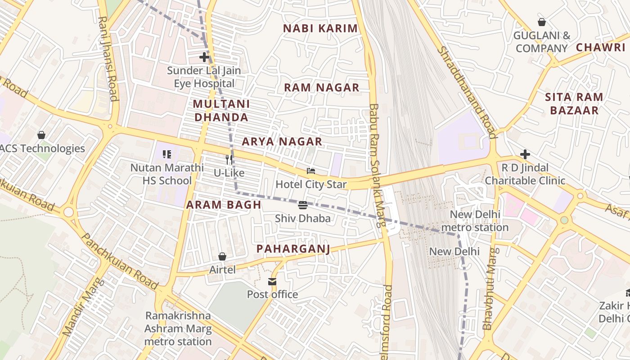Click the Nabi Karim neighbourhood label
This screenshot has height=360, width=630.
(320, 28)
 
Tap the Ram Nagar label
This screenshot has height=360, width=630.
(321, 88)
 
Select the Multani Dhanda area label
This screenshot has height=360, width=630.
(220, 111)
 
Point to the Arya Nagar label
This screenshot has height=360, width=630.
(282, 142)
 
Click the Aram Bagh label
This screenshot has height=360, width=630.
(224, 205)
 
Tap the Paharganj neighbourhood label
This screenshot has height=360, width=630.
(293, 249)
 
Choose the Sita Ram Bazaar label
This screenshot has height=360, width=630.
(574, 103)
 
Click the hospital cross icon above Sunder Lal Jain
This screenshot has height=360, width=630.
(204, 57)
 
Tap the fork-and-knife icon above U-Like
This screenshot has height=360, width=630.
(229, 159)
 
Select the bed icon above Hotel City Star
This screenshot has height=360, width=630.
(311, 171)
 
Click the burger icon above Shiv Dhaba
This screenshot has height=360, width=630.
(303, 205)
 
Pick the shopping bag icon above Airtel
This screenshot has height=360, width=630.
(222, 256)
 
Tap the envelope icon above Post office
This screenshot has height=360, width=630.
(272, 281)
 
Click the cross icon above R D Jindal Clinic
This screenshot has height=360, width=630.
(525, 154)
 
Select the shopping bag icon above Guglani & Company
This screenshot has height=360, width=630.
(542, 22)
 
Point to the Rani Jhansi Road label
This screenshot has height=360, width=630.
(108, 58)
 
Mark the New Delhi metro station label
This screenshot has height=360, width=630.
(475, 221)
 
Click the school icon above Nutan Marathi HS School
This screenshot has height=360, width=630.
(167, 154)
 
